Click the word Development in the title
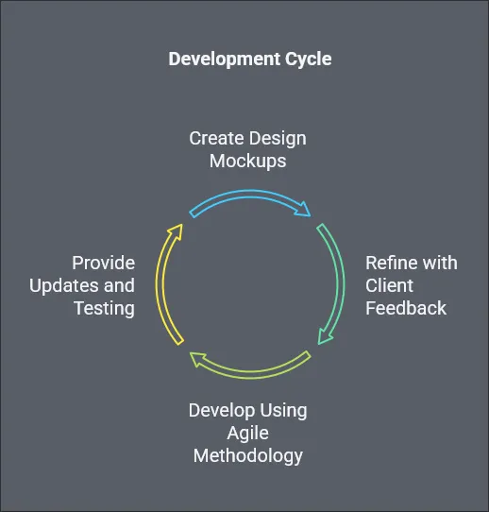tap(224, 60)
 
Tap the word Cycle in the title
tap(309, 60)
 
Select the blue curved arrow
tap(250, 194)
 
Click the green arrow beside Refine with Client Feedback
tap(340, 284)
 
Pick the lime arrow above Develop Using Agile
tap(250, 375)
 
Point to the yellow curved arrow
tap(160, 284)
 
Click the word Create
tap(216, 138)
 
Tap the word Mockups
tap(248, 162)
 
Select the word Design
tap(277, 139)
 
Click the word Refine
tap(386, 263)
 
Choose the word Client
tap(389, 285)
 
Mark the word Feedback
tap(406, 308)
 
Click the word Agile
tap(248, 434)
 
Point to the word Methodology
tap(248, 456)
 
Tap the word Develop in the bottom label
tap(222, 411)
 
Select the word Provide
tap(104, 263)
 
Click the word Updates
tap(64, 286)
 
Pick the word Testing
tap(105, 309)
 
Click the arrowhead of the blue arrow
tap(303, 210)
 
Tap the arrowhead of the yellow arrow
tap(177, 230)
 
